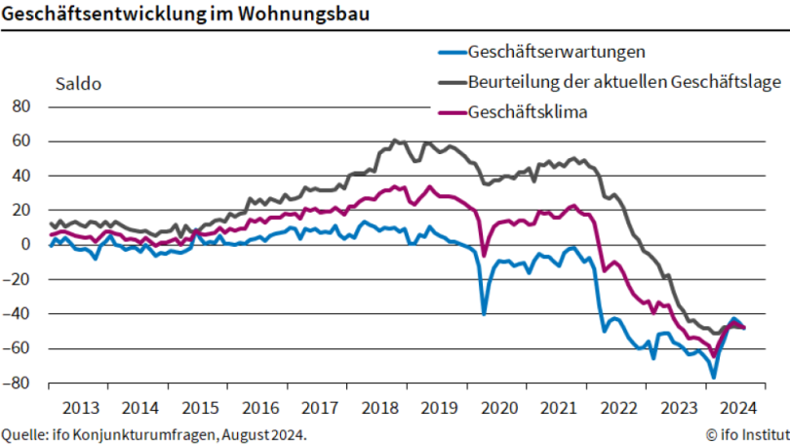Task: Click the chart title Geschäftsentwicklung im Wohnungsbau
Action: coord(184,15)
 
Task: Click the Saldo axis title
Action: coord(78,84)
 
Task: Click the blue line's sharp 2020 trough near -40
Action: coord(484,313)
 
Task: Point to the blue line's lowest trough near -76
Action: coord(714,377)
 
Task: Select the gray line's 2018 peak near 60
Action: coord(394,141)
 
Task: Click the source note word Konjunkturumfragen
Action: coord(149,433)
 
